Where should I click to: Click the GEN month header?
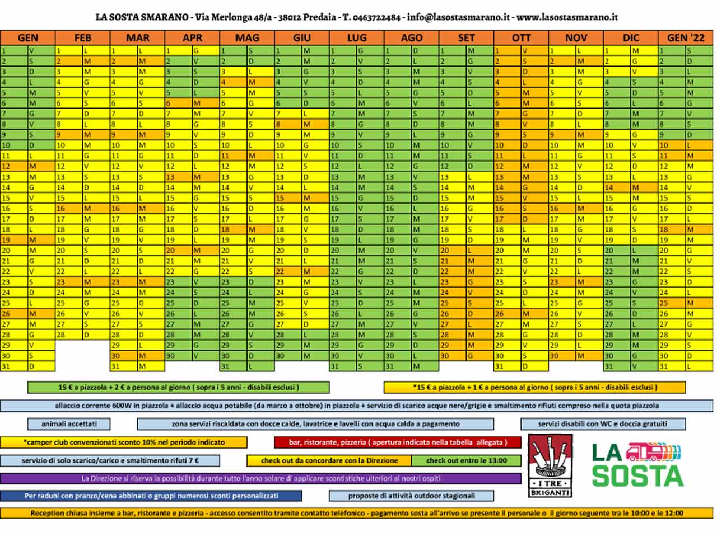coord(27,38)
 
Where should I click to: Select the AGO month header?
coord(412,38)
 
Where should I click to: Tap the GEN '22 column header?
coord(686,38)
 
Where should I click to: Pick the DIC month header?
coord(631,38)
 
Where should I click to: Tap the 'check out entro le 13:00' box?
coord(466,461)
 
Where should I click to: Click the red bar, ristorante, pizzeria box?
coord(398,442)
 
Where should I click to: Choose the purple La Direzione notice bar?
coord(260,479)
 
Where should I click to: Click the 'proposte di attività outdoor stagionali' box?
coord(411,496)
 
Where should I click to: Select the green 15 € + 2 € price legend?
coord(178,387)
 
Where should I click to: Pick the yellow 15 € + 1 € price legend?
coord(534,387)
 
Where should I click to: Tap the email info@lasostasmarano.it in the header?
coord(458,17)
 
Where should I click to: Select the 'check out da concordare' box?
coord(329,461)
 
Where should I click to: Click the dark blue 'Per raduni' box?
coord(151,496)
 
